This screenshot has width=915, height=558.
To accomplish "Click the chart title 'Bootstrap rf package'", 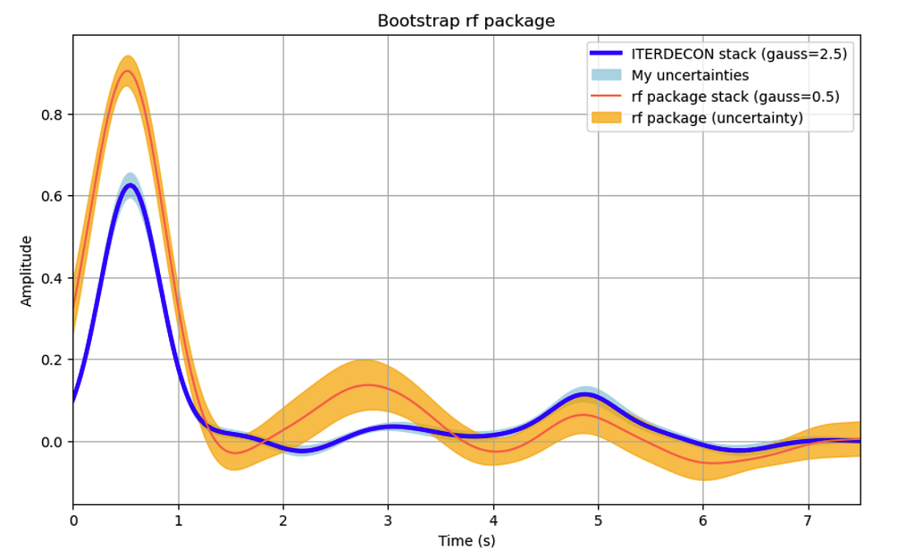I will [466, 21].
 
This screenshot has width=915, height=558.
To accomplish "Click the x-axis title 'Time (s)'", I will [466, 541].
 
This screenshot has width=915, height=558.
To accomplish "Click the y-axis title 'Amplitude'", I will [27, 270].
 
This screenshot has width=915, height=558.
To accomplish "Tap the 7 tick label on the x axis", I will [808, 520].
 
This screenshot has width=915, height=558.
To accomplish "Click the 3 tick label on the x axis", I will [388, 520].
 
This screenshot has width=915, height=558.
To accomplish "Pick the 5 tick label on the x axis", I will [598, 520].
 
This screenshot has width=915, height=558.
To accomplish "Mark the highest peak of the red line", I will [128, 71].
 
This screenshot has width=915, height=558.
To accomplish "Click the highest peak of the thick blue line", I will [130, 185].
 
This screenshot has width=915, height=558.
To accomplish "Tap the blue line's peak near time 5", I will [584, 394].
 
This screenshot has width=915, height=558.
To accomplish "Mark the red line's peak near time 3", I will [367, 385].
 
